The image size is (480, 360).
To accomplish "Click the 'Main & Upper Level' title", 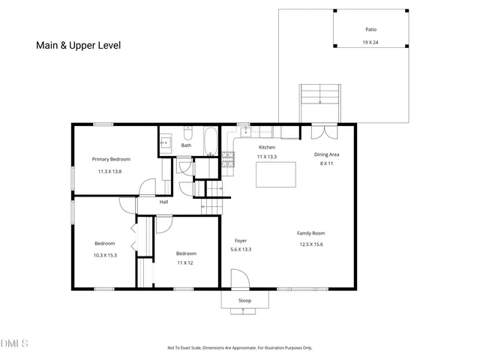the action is pos(78,45).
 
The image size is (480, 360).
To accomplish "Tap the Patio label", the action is pos(370,29).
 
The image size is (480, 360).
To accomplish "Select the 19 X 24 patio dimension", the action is pos(370,42).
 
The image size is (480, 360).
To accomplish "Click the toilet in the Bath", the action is pos(187,133).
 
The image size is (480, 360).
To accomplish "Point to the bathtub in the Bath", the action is pos(210,141).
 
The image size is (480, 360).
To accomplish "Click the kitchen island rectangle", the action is pos(276,175).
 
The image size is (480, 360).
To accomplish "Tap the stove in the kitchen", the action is pos(228,160).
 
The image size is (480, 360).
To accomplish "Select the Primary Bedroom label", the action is pos(111,159).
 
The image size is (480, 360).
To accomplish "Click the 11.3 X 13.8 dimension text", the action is pos(109,172).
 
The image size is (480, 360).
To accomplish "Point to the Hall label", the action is pos(163,202).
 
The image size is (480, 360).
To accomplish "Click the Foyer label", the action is pos(241,241).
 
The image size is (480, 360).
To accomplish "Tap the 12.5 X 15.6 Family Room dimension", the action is pos(311,244).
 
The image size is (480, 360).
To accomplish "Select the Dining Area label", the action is pos(327,154).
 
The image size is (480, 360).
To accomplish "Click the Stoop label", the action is pos(245,301).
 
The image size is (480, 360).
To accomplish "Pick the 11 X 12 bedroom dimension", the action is pos(185,262).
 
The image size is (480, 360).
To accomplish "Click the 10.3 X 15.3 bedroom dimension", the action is pos(105,255).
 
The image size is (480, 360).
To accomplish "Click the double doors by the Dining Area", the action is pos(325,132).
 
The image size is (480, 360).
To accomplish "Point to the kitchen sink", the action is pos(246,132).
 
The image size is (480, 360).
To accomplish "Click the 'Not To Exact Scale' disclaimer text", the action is pos(240,348).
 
